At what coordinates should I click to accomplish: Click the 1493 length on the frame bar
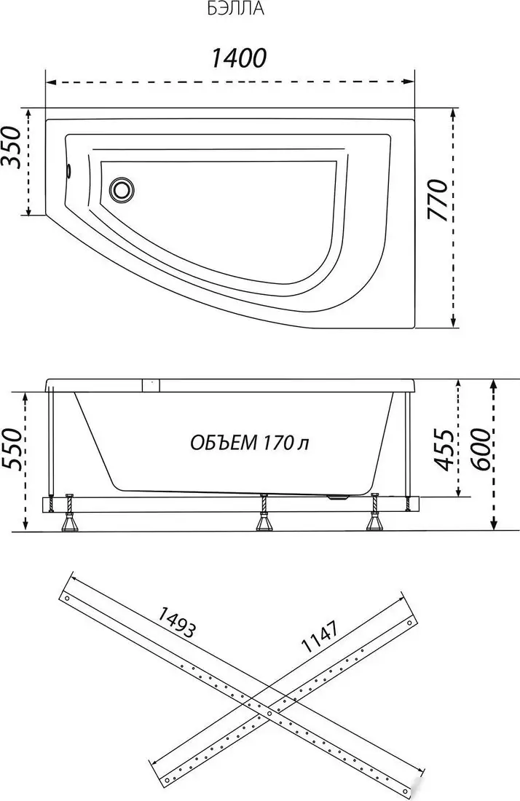tap(176, 623)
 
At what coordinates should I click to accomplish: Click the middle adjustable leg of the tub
tap(264, 514)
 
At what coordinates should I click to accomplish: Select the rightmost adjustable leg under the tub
tap(376, 514)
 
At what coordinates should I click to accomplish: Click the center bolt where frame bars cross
tap(269, 713)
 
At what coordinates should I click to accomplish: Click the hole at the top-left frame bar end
tap(67, 599)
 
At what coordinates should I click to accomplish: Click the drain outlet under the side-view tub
tap(337, 499)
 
